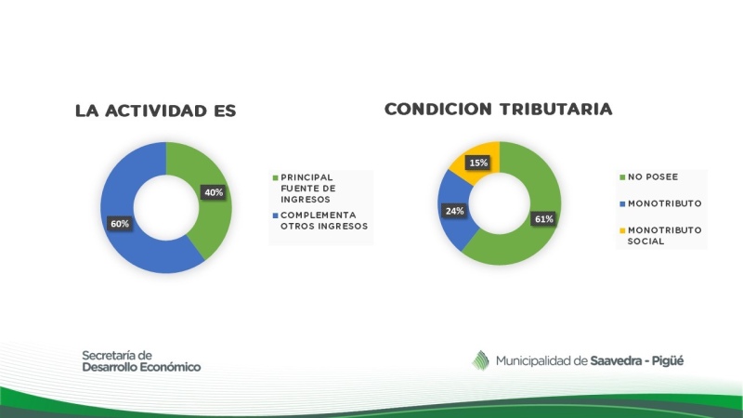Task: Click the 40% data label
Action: click(214, 192)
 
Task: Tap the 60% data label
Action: click(120, 224)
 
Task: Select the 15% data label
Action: click(478, 163)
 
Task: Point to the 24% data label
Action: click(454, 211)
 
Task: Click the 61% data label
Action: click(543, 219)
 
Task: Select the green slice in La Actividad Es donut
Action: click(208, 199)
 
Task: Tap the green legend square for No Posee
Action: click(622, 177)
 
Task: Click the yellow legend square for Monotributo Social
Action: click(622, 230)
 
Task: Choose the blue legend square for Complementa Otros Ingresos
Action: click(275, 216)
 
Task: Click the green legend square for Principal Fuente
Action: click(275, 177)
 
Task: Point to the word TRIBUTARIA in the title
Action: click(555, 110)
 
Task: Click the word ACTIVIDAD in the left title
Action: click(156, 111)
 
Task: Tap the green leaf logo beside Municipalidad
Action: click(480, 360)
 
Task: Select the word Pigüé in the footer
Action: click(668, 361)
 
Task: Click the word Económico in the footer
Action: click(168, 367)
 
